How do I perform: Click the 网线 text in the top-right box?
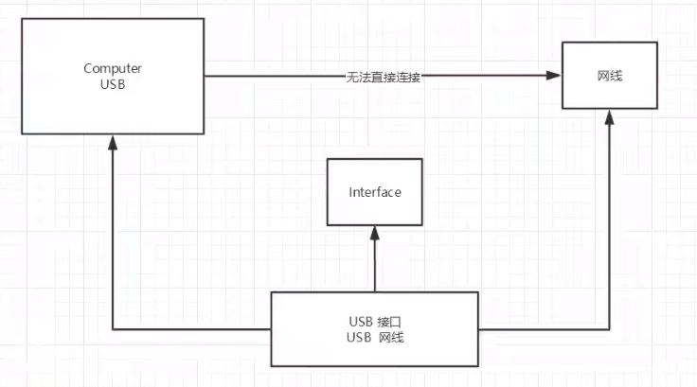[610, 76]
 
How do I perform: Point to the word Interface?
[375, 192]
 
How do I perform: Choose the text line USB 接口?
[374, 321]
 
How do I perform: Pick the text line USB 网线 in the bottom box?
[374, 338]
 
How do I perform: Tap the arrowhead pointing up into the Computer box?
[112, 141]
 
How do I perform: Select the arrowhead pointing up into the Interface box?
[375, 233]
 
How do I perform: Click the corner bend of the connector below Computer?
[112, 329]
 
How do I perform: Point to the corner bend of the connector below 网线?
[610, 329]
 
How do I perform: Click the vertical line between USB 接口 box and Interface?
[375, 265]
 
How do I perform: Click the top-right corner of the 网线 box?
[658, 43]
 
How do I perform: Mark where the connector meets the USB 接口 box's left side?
[272, 329]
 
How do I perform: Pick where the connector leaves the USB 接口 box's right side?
[478, 329]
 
